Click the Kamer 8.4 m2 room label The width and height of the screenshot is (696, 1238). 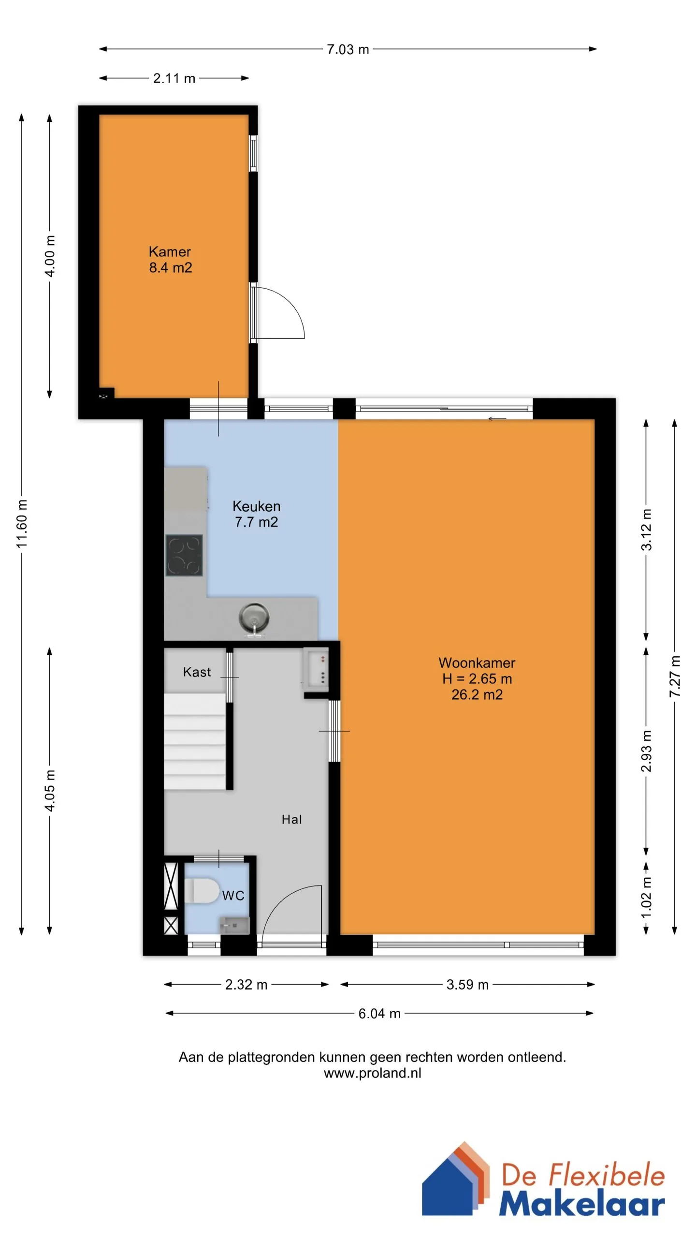170,259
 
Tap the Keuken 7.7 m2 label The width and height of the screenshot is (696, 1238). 256,514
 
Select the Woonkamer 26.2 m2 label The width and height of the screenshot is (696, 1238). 477,678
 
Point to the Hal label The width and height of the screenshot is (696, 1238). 292,819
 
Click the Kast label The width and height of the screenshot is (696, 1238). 197,672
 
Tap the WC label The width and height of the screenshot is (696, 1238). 233,896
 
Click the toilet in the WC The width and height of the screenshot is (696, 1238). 202,891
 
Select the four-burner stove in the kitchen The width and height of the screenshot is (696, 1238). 184,555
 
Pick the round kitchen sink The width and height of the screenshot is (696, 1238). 254,619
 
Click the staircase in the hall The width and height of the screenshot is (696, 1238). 195,741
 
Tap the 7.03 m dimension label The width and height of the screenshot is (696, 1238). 348,49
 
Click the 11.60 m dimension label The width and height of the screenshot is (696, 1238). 22,524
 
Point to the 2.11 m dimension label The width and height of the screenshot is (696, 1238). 174,78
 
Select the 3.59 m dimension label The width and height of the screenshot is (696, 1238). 467,985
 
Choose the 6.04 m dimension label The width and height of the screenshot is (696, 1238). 379,1013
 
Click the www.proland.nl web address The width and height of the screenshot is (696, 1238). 372,1073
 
